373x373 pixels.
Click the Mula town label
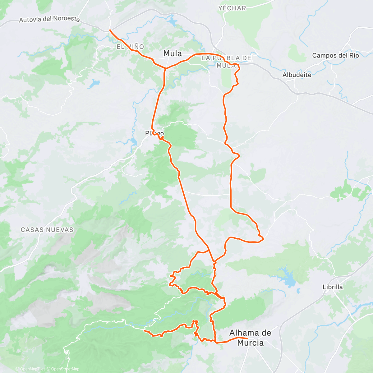pyautogui.click(x=173, y=53)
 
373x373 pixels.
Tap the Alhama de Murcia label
pyautogui.click(x=250, y=338)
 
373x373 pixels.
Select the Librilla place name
pyautogui.click(x=333, y=287)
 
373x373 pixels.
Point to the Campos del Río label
pyautogui.click(x=335, y=55)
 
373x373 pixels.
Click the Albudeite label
pyautogui.click(x=297, y=75)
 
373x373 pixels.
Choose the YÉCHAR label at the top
pyautogui.click(x=232, y=8)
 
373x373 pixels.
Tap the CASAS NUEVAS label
pyautogui.click(x=47, y=230)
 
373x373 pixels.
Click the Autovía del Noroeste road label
pyautogui.click(x=49, y=19)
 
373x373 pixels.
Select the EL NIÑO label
pyautogui.click(x=130, y=47)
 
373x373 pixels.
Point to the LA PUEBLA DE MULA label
pyautogui.click(x=226, y=62)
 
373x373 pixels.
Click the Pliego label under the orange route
pyautogui.click(x=154, y=133)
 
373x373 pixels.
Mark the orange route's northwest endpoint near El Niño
pyautogui.click(x=110, y=30)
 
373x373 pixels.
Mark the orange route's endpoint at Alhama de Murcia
pyautogui.click(x=247, y=338)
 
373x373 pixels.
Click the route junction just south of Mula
pyautogui.click(x=165, y=68)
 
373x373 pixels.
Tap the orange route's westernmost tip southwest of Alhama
pyautogui.click(x=145, y=331)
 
